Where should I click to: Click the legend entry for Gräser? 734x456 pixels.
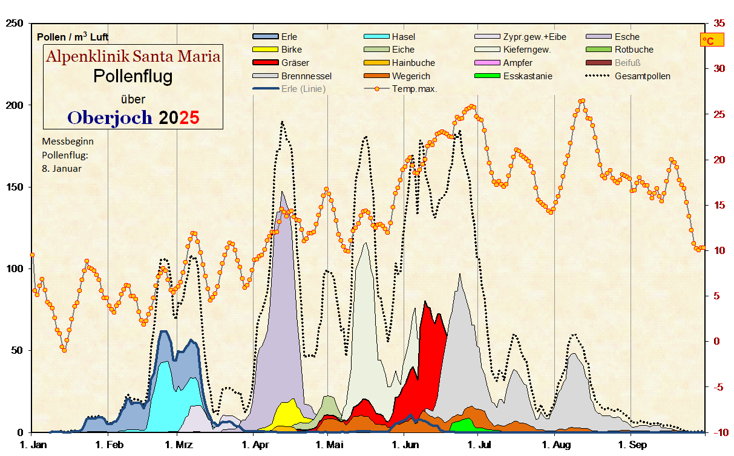(x=295, y=63)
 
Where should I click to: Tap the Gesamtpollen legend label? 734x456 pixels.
(x=642, y=76)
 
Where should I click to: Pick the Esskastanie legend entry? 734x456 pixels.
(x=528, y=76)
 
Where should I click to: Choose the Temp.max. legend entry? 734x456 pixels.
(x=415, y=89)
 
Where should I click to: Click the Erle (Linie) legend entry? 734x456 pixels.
(x=303, y=89)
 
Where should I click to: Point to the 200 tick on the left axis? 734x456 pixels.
(x=14, y=105)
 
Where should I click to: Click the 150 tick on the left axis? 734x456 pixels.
(x=14, y=187)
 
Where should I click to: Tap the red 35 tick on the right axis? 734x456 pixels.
(x=719, y=23)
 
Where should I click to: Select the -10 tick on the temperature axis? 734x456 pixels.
(x=719, y=432)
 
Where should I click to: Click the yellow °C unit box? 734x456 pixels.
(x=707, y=41)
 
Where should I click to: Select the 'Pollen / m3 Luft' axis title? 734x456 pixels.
(x=73, y=37)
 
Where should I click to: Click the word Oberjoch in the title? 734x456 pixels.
(x=110, y=117)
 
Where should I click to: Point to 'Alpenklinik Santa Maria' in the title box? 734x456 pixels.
(x=133, y=57)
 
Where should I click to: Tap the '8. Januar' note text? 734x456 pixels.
(x=61, y=169)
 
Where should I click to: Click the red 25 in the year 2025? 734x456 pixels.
(x=189, y=117)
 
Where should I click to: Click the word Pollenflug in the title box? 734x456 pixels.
(x=133, y=77)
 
